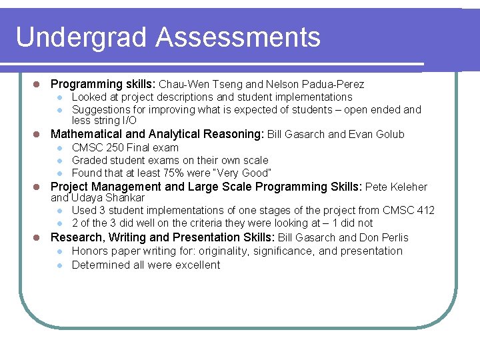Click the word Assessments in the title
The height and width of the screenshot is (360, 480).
[x=238, y=38]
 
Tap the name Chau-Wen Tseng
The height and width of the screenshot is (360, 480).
[x=201, y=85]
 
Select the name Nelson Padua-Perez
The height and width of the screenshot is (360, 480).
[x=315, y=85]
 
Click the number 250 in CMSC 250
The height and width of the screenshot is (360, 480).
[x=115, y=147]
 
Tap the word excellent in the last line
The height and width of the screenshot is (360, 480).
[x=195, y=265]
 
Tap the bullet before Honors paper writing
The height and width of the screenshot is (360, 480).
[x=59, y=251]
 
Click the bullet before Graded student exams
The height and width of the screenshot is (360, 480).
[x=59, y=161]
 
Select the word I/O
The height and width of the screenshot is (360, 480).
[x=129, y=121]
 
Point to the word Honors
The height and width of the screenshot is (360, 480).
[x=90, y=251]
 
